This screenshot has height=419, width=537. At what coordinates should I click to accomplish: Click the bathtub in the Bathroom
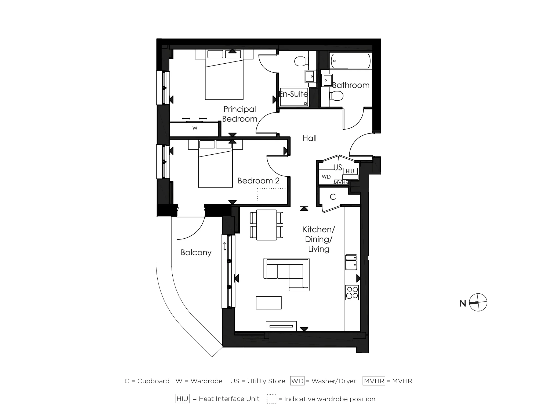pyautogui.click(x=350, y=61)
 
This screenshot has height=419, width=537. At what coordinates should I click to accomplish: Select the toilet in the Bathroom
pyautogui.click(x=336, y=96)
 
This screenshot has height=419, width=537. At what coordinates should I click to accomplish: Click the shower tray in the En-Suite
pyautogui.click(x=293, y=97)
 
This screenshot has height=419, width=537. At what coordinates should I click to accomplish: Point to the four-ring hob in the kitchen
pyautogui.click(x=352, y=293)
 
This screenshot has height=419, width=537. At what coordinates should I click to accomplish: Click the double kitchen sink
pyautogui.click(x=351, y=262)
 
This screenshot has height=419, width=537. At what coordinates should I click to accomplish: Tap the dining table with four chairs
pyautogui.click(x=266, y=225)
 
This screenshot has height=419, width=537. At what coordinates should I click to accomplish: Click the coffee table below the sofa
pyautogui.click(x=268, y=303)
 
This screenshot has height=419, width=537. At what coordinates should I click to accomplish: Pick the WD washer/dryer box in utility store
pyautogui.click(x=326, y=177)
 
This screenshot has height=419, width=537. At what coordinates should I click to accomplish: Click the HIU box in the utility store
pyautogui.click(x=350, y=171)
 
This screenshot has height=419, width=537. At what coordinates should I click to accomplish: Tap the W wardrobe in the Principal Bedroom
pyautogui.click(x=195, y=129)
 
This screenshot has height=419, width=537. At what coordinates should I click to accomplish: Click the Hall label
pyautogui.click(x=309, y=138)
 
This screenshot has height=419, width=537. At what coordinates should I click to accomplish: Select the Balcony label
pyautogui.click(x=196, y=253)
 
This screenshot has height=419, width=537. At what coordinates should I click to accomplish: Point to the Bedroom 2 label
pyautogui.click(x=258, y=181)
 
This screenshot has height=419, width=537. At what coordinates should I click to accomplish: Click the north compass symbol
pyautogui.click(x=478, y=303)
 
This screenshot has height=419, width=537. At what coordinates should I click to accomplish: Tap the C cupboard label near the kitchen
pyautogui.click(x=333, y=197)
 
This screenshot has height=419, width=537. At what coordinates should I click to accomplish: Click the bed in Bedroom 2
pyautogui.click(x=215, y=168)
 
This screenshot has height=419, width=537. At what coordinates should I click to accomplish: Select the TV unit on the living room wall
pyautogui.click(x=281, y=326)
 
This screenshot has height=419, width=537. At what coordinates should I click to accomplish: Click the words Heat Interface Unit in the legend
pyautogui.click(x=229, y=399)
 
